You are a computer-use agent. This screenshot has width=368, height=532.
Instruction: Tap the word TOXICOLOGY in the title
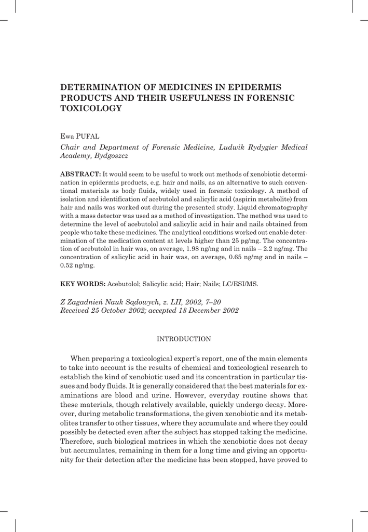[91, 108]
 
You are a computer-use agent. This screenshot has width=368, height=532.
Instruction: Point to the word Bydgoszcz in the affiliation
[111, 155]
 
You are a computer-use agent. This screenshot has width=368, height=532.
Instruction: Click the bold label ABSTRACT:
[80, 174]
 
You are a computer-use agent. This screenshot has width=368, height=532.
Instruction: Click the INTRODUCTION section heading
[184, 339]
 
